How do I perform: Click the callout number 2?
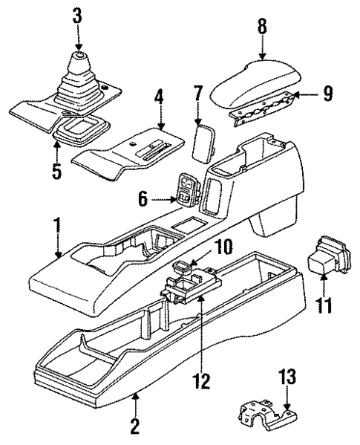[135, 426]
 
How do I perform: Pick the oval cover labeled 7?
[203, 140]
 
